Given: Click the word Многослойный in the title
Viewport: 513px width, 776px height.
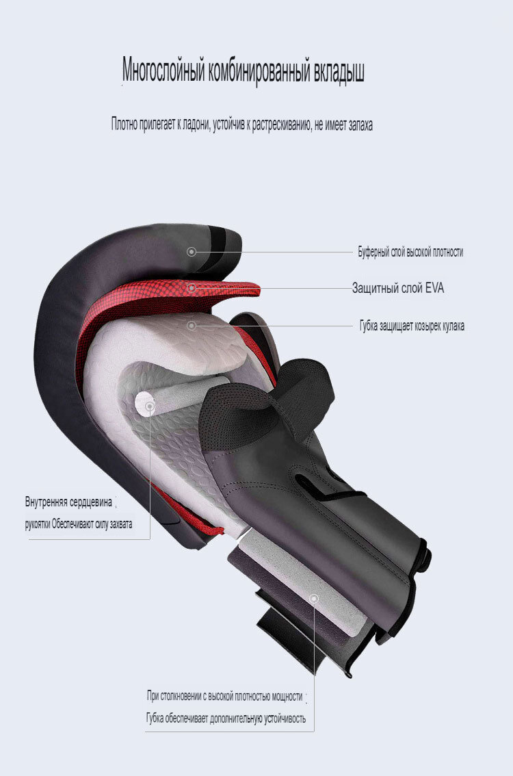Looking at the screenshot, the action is tap(163, 70).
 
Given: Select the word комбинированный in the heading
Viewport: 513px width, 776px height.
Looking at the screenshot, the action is tap(259, 70).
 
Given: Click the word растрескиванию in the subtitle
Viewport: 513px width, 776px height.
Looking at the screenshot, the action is tap(280, 125).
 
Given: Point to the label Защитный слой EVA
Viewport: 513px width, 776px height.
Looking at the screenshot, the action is tap(397, 287).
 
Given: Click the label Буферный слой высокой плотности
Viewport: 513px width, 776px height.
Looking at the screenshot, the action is tap(410, 252).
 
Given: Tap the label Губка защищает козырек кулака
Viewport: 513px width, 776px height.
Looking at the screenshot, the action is tap(412, 326).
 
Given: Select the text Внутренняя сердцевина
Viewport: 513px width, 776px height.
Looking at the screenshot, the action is tap(69, 502).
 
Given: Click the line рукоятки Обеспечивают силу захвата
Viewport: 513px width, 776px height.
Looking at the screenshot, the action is tap(79, 524).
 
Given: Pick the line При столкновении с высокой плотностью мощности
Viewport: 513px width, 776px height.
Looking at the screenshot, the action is tap(224, 696).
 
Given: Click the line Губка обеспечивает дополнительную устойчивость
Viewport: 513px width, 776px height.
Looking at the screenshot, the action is tap(226, 718).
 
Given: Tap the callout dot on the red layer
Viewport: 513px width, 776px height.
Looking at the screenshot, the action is tap(192, 287).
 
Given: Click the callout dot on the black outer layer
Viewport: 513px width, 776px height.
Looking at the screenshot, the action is tap(192, 252).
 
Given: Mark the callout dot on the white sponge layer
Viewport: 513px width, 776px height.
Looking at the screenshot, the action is tap(192, 326).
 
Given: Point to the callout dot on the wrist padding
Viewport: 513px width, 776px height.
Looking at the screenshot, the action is tap(314, 598).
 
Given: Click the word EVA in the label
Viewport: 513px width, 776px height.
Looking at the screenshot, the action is tap(434, 287).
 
